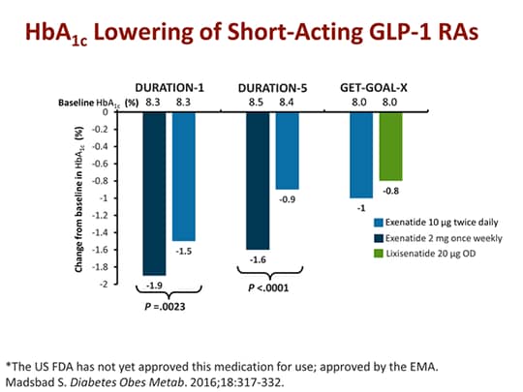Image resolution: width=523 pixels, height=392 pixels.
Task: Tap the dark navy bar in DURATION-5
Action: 259,180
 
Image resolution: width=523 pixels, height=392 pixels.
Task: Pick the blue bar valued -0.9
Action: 288,150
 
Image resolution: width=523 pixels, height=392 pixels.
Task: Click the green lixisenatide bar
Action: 389,145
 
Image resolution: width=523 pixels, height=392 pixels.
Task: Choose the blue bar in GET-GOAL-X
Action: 361,154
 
